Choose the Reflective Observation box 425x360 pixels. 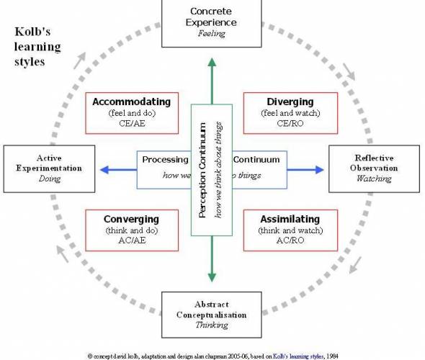[374, 168]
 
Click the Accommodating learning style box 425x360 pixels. [131, 112]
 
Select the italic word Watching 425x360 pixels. [374, 179]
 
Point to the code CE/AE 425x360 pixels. [131, 124]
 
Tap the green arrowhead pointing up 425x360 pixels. [211, 63]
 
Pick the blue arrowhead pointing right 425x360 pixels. [319, 170]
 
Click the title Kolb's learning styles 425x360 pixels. [39, 47]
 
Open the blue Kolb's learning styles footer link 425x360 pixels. [302, 356]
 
